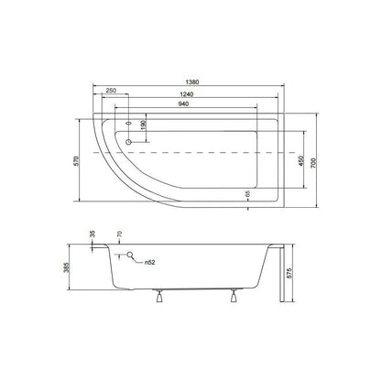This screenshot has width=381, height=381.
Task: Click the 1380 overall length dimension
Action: [192, 82]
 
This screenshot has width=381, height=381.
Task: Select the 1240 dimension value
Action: [187, 94]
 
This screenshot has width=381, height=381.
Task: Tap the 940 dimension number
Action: [183, 103]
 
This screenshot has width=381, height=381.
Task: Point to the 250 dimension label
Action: [111, 91]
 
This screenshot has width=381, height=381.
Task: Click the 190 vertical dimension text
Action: [144, 125]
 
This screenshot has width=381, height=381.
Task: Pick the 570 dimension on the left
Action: [77, 160]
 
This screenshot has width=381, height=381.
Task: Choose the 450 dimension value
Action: [301, 160]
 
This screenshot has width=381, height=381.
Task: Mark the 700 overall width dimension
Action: [314, 163]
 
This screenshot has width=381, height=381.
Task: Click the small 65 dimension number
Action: [247, 193]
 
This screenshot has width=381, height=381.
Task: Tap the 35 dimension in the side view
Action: [93, 234]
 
